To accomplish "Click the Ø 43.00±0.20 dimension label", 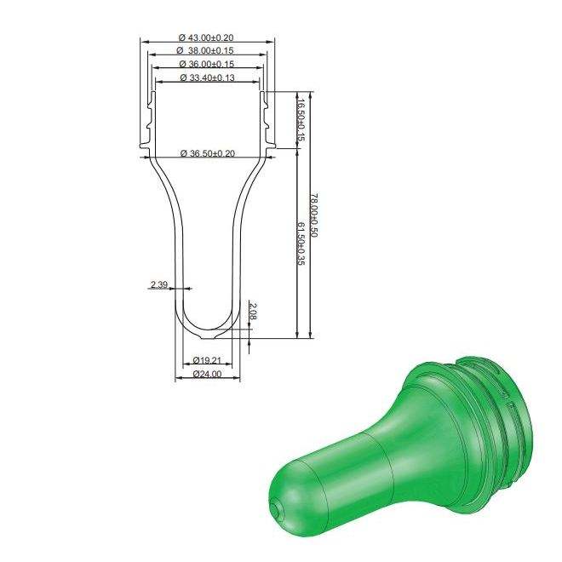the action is pyautogui.click(x=206, y=37).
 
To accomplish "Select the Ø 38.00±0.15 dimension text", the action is pyautogui.click(x=205, y=50).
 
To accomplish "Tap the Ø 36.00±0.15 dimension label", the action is pyautogui.click(x=206, y=64).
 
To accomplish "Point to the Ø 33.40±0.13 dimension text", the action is pyautogui.click(x=208, y=77).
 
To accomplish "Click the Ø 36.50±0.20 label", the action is pyautogui.click(x=208, y=153).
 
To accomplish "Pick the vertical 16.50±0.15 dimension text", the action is pyautogui.click(x=301, y=120).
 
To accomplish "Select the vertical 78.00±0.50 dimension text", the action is pyautogui.click(x=313, y=215).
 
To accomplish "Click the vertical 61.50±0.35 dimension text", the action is pyautogui.click(x=301, y=244).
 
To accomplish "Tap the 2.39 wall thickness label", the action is pyautogui.click(x=158, y=284).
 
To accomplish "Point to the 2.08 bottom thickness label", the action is pyautogui.click(x=253, y=311).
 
